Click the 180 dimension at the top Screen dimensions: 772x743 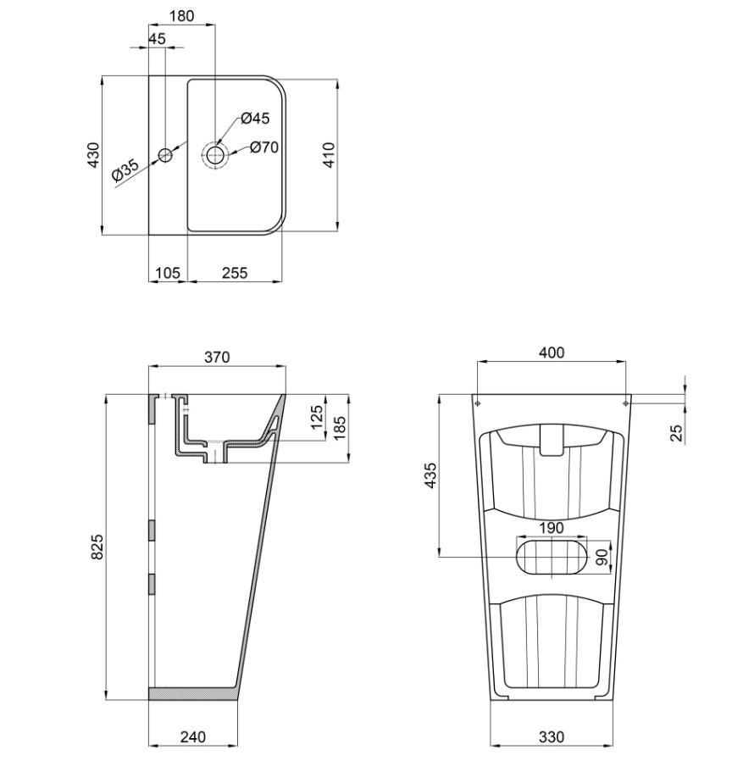pyautogui.click(x=181, y=15)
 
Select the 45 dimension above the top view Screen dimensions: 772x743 pyautogui.click(x=157, y=39)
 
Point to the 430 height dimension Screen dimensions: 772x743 pyautogui.click(x=93, y=154)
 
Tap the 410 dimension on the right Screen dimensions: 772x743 pyautogui.click(x=330, y=153)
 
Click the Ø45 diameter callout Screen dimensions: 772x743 pyautogui.click(x=254, y=119)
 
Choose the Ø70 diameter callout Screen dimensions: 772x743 pyautogui.click(x=263, y=147)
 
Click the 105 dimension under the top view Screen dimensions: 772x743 pyautogui.click(x=168, y=272)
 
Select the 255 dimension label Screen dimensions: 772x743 pyautogui.click(x=235, y=272)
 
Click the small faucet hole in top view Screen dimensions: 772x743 pyautogui.click(x=165, y=155)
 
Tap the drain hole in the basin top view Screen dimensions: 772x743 pyautogui.click(x=215, y=154)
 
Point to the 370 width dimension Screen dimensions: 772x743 pyautogui.click(x=217, y=358)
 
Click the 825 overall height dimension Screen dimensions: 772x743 pyautogui.click(x=97, y=547)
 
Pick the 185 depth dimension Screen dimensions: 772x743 pyautogui.click(x=339, y=428)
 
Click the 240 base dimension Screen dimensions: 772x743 pyautogui.click(x=193, y=737)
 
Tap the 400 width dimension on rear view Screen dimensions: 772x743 pyautogui.click(x=552, y=353)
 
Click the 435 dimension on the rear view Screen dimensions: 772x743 pyautogui.click(x=431, y=476)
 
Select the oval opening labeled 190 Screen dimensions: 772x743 pyautogui.click(x=552, y=557)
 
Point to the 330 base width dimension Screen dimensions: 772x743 pyautogui.click(x=551, y=737)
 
